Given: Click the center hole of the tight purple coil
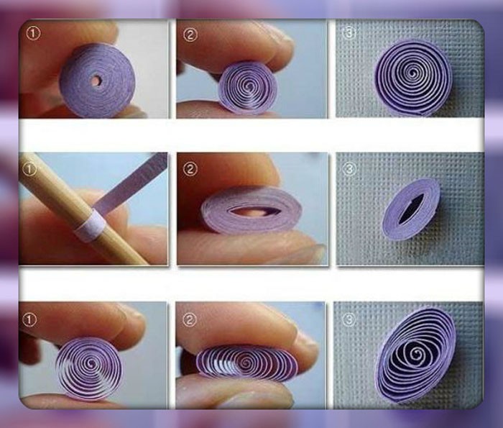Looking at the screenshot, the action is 97,80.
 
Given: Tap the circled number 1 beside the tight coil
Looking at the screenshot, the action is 33,33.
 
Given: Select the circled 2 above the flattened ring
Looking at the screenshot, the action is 190,169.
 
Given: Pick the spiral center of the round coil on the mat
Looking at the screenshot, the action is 413,74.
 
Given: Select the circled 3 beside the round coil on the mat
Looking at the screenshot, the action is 349,33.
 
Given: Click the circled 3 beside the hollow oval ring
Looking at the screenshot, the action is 349,168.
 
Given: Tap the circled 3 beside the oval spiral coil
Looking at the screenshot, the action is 349,319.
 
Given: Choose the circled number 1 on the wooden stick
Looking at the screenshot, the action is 29,170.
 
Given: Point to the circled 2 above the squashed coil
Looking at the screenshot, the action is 190,320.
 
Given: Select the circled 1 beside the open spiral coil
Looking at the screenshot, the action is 29,320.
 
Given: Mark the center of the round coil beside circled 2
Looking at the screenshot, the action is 249,86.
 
